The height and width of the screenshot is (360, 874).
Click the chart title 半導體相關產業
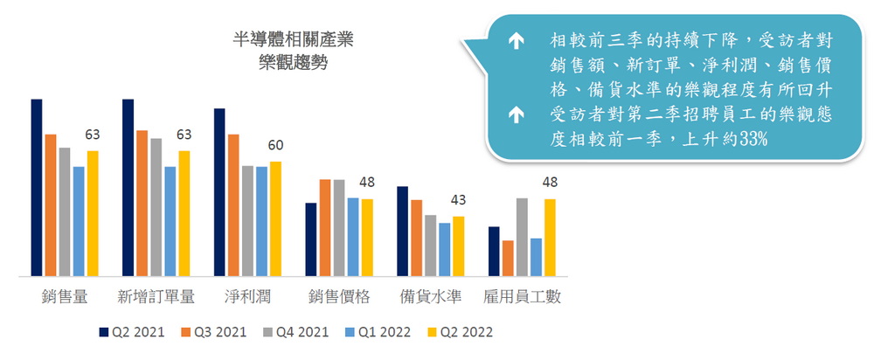click(294, 40)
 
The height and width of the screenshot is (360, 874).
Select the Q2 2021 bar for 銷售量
click(37, 188)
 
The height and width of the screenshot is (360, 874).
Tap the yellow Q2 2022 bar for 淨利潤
click(275, 219)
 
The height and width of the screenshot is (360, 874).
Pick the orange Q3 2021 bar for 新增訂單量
click(142, 204)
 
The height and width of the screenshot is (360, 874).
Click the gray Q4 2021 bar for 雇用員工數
click(522, 237)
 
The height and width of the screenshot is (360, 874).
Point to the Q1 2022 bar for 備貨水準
click(445, 250)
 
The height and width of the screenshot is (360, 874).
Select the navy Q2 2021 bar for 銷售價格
click(310, 239)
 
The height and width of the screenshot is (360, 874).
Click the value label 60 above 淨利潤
click(275, 146)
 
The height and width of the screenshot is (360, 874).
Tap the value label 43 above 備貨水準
click(458, 201)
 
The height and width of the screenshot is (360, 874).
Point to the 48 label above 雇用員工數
click(550, 183)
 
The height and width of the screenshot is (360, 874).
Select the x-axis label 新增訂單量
click(156, 297)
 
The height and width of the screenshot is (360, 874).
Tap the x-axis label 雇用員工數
click(522, 297)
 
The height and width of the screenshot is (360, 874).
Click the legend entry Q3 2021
click(212, 333)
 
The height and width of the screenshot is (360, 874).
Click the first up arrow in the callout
click(516, 40)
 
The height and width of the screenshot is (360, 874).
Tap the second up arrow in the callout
click(516, 114)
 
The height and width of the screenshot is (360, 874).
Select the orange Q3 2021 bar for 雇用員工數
click(508, 258)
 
